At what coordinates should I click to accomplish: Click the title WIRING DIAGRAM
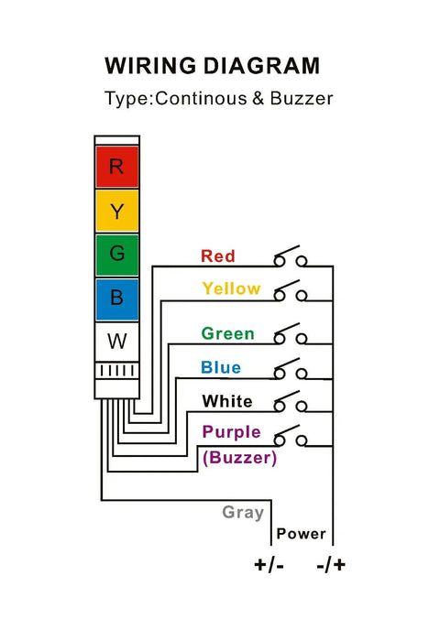tap(212, 66)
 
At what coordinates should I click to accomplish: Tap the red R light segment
tap(116, 167)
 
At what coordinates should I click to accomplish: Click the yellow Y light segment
tap(116, 212)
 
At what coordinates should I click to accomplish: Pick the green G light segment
tap(116, 255)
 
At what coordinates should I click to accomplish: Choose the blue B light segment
tap(116, 298)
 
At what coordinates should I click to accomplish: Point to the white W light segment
tap(116, 342)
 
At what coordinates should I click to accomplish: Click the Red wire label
tap(218, 256)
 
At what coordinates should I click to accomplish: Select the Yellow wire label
tap(231, 288)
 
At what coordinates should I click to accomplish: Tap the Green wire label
tap(228, 333)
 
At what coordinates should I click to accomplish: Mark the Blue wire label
tap(221, 367)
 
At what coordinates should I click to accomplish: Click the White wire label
tap(227, 401)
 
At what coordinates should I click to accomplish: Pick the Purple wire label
tap(231, 431)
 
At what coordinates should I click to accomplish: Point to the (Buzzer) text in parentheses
tap(238, 457)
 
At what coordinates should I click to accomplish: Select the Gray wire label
tap(243, 513)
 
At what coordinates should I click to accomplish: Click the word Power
tap(301, 533)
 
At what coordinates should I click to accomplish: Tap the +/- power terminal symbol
tap(269, 564)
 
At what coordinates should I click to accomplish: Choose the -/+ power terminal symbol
tap(331, 564)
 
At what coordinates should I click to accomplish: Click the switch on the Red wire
tap(290, 256)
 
